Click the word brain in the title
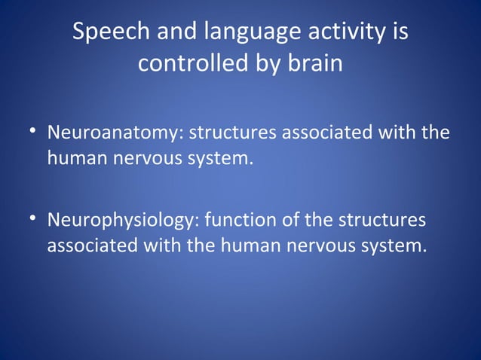[x=316, y=64]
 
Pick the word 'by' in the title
[x=271, y=64]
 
